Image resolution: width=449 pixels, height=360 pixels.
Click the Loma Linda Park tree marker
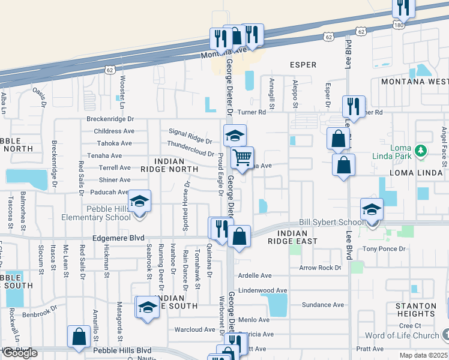tap(421, 151)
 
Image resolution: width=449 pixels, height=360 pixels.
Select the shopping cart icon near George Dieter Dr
tap(242, 157)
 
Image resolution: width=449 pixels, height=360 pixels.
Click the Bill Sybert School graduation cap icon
tap(372, 211)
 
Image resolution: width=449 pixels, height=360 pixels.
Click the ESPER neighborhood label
tap(303, 64)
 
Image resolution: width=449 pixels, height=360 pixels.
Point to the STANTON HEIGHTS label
tap(415, 310)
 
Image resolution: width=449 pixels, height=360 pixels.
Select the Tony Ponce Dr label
tap(384, 248)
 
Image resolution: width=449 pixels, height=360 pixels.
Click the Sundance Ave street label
tap(323, 305)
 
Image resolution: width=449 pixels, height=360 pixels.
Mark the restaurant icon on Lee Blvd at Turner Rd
tap(354, 106)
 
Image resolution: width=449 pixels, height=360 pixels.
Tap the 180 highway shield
tap(399, 25)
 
